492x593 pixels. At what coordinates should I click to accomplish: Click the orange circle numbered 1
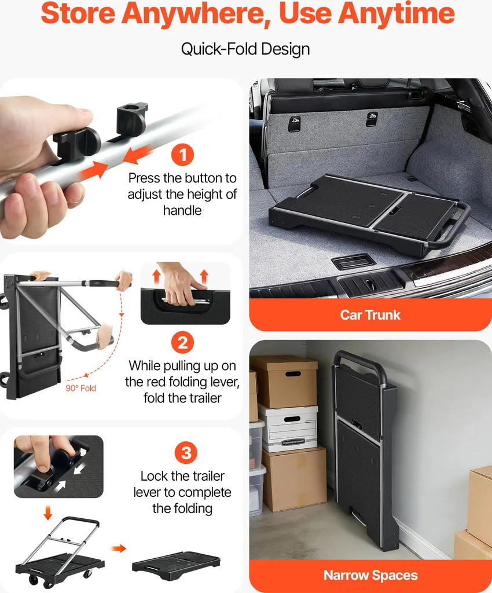[182, 155]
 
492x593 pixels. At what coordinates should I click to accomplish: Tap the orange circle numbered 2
[182, 343]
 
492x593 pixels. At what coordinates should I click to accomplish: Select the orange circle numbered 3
[186, 453]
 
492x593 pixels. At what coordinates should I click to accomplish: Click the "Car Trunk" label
[370, 315]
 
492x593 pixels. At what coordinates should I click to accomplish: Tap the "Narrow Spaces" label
[370, 575]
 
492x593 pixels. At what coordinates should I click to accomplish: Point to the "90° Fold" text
[81, 388]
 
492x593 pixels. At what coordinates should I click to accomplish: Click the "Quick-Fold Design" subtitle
[245, 49]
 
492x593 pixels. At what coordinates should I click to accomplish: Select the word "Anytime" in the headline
[396, 14]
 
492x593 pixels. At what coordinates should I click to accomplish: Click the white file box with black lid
[288, 428]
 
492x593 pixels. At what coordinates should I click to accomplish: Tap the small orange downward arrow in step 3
[47, 513]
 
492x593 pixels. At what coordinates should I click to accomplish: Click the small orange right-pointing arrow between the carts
[119, 548]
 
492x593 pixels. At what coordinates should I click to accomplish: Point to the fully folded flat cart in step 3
[176, 565]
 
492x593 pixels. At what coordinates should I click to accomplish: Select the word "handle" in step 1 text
[182, 210]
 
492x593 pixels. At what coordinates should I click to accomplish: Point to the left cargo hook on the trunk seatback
[295, 124]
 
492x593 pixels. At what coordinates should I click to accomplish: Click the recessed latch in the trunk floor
[353, 262]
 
